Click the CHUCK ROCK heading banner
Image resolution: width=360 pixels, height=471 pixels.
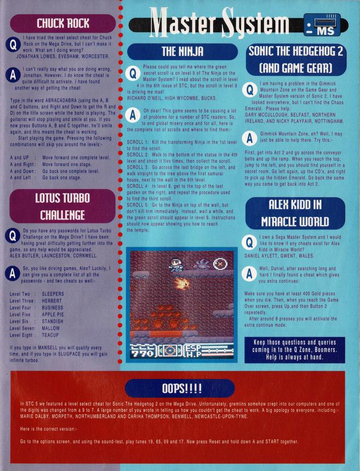pos(63,24)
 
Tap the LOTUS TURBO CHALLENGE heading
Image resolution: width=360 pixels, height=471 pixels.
pos(62,206)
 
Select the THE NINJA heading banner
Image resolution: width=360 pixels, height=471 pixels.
pos(182,51)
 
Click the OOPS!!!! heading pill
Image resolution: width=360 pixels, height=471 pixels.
pos(180,388)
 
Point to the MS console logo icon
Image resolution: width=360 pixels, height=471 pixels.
pos(322,25)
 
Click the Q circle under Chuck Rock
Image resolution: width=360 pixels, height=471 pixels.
pos(13,45)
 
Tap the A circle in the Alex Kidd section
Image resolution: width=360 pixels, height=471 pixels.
pos(249,273)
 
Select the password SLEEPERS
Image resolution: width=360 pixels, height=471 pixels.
pos(53,294)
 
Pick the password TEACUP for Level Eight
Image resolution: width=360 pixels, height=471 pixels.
pos(50,335)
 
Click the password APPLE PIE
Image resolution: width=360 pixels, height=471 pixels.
pos(53,314)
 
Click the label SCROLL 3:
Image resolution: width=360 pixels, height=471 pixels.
pos(138,167)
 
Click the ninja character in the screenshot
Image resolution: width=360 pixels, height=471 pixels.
pos(175,265)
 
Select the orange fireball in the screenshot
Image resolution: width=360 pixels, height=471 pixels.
pos(182,283)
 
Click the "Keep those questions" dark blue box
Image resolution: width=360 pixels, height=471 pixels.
pos(294,349)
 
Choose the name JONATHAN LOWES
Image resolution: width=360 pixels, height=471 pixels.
pos(33,56)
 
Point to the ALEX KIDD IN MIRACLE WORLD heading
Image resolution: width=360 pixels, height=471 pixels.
pos(295,213)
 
